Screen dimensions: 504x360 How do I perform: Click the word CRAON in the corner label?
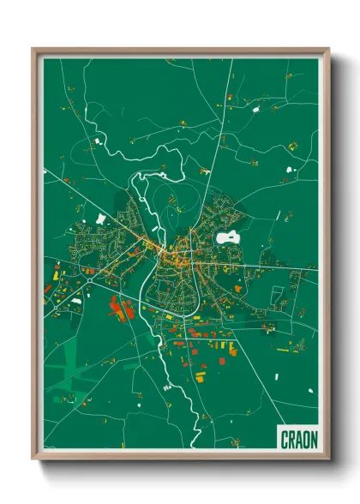[299, 439]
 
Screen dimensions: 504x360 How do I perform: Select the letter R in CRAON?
[293, 439]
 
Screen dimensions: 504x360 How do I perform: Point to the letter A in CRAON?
[300, 439]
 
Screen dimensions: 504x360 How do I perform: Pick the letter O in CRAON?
[307, 439]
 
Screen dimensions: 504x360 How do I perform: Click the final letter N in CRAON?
[314, 439]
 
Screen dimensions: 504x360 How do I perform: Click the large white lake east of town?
[229, 237]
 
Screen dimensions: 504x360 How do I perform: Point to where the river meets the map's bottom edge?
[196, 447]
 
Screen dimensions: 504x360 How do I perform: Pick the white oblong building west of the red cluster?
[76, 301]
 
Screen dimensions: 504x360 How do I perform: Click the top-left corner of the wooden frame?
[33, 49]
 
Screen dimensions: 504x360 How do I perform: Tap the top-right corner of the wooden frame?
[329, 49]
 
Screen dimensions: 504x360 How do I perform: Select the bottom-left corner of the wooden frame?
[33, 460]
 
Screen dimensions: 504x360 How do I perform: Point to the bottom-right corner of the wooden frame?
[329, 460]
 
